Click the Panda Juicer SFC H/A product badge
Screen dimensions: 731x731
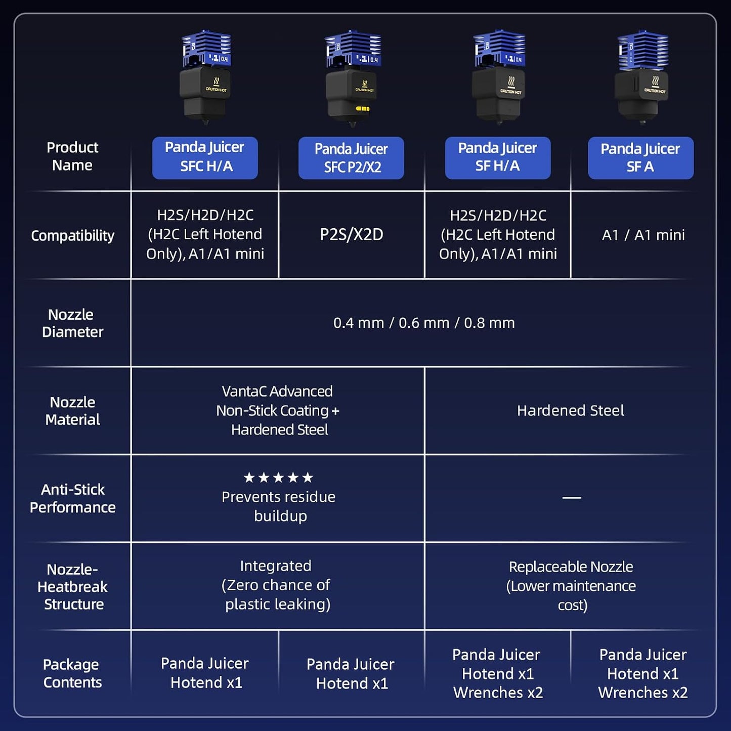205,158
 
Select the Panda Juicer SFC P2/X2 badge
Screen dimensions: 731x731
351,158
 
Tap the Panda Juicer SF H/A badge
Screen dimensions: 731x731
497,158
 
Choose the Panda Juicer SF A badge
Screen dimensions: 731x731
641,158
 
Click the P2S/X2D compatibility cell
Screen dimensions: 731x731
351,235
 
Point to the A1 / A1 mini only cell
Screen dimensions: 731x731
643,235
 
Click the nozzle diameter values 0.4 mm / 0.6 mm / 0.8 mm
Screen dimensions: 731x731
424,323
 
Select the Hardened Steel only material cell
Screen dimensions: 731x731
571,410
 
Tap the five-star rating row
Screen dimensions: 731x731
278,477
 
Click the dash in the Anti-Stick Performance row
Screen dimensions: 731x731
572,497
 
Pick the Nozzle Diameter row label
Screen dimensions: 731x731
72,323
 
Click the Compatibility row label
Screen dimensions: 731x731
72,236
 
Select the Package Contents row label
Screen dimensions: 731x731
72,673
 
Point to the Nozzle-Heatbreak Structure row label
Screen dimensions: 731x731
72,586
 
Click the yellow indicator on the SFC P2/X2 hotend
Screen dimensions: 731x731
362,109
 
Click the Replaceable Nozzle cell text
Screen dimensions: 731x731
571,586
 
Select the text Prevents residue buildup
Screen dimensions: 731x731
278,506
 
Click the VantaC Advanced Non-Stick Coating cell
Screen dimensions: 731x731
278,410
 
